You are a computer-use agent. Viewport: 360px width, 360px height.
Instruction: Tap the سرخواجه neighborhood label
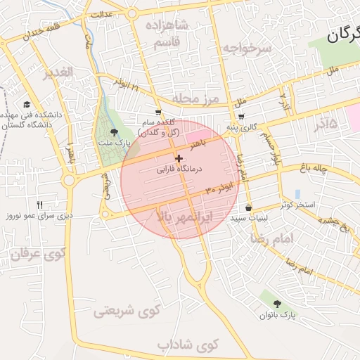click(x=247, y=48)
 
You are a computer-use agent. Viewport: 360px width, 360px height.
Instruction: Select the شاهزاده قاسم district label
click(x=167, y=33)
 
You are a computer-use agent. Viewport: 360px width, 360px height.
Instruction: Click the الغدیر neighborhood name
click(x=58, y=73)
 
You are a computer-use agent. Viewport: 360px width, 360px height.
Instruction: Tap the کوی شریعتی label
click(x=127, y=309)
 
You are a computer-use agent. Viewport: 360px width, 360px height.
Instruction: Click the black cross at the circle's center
click(x=179, y=159)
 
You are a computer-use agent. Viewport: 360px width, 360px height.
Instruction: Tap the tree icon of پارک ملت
click(x=115, y=132)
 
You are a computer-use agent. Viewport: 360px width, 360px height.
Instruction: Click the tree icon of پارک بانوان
click(x=278, y=304)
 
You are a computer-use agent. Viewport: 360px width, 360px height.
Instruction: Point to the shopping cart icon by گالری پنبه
click(x=241, y=117)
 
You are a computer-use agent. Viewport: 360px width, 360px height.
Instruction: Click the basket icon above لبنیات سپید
click(x=249, y=207)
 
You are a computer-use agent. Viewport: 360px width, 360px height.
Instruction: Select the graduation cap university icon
click(x=27, y=104)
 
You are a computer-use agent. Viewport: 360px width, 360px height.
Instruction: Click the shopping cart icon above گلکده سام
click(x=158, y=112)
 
